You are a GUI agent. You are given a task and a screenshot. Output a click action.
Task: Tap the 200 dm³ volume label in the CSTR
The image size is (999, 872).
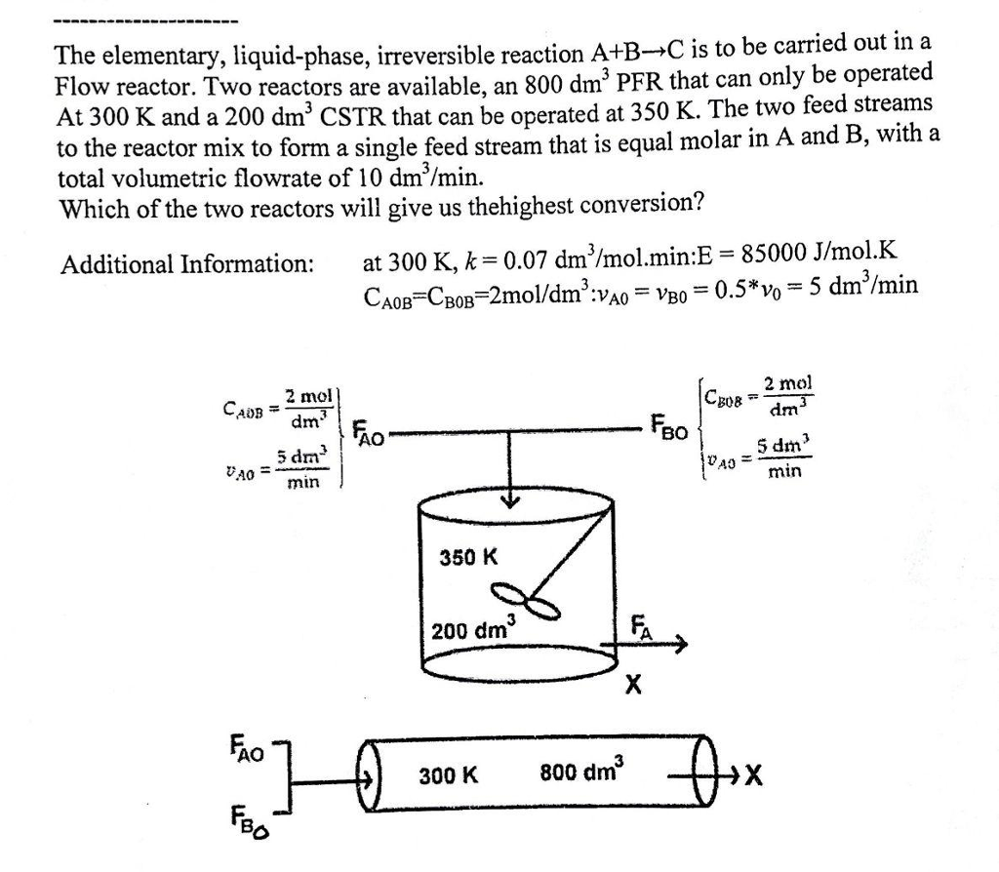pos(473,629)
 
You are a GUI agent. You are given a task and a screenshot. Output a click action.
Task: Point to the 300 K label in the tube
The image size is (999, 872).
pos(449,776)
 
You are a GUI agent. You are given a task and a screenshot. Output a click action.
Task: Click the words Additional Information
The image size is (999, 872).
pos(186,263)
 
